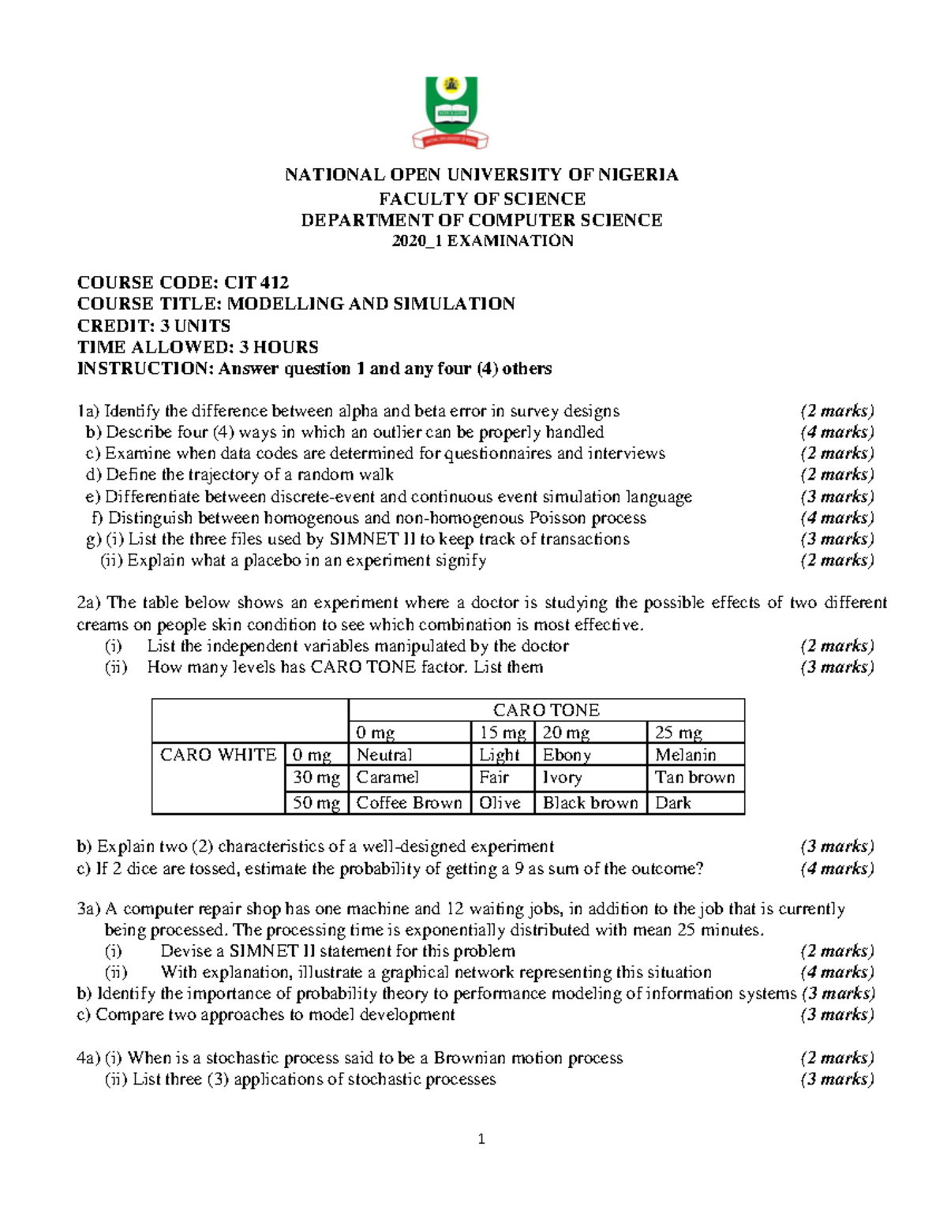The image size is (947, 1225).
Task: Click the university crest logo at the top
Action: pos(451,112)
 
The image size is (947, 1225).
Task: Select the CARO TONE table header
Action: pos(546,710)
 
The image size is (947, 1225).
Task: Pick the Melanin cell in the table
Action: pos(685,755)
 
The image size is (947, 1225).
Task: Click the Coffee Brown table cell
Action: pos(409,803)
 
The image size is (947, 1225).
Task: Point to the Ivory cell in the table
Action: pos(562,778)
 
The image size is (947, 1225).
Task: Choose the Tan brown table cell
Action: pos(694,778)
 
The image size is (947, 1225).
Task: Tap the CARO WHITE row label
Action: pos(218,755)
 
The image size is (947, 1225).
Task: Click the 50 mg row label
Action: pos(316,803)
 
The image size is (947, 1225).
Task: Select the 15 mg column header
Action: pos(502,733)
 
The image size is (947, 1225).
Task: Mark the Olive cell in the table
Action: pos(500,803)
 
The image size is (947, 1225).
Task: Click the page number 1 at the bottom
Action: pos(481,1139)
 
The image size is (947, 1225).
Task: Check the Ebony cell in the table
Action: pos(567,755)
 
